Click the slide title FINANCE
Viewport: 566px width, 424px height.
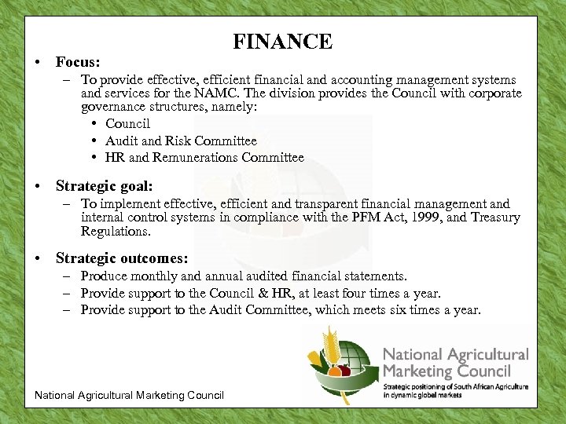point(282,42)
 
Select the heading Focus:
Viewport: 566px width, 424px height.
point(79,61)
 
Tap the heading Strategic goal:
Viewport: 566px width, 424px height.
point(104,186)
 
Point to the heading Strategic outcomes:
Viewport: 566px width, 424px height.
point(122,258)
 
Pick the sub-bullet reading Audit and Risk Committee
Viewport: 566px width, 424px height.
point(181,141)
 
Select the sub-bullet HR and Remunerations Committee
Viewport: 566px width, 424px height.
point(204,157)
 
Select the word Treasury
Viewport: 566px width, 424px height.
point(495,217)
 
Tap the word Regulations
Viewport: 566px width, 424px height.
point(116,232)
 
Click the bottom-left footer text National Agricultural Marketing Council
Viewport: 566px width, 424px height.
point(130,395)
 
